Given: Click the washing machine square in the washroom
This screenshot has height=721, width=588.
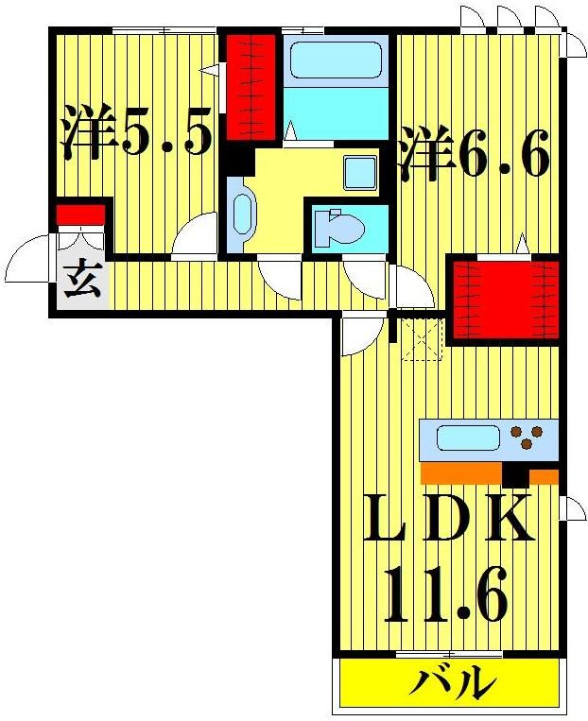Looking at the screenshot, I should [360, 173].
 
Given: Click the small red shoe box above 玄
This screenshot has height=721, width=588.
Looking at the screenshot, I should [79, 214].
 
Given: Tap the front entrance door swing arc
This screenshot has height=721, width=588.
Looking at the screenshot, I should [26, 260].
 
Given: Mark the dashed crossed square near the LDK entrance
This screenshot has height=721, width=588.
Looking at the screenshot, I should [421, 339].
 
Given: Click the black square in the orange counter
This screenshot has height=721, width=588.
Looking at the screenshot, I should [515, 472].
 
